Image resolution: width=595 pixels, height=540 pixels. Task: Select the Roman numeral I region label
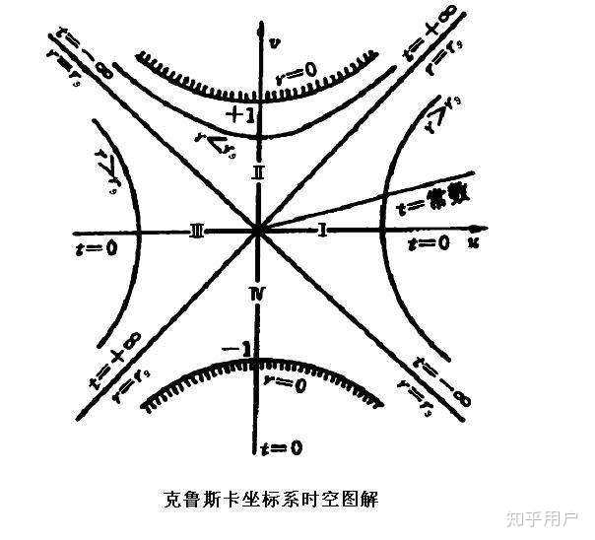click(x=322, y=230)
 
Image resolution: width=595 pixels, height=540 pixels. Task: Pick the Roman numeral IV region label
click(x=258, y=293)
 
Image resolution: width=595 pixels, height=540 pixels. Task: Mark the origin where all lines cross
click(x=257, y=232)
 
